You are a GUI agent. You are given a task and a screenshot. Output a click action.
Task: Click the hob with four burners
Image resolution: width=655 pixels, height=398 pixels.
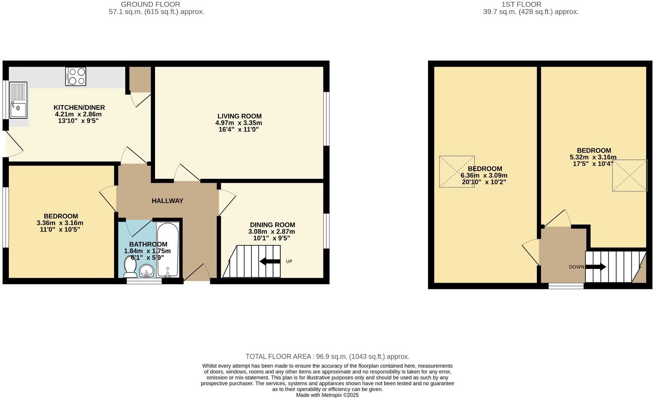point(76,76)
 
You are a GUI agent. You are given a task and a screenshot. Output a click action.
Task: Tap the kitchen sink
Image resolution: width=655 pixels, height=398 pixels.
point(18,101)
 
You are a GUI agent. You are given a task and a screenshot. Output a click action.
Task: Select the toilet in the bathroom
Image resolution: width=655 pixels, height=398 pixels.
point(130,266)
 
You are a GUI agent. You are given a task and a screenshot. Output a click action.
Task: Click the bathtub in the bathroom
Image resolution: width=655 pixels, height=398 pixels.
point(168,249)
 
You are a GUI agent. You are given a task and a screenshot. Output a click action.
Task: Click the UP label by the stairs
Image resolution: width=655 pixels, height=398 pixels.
point(289,262)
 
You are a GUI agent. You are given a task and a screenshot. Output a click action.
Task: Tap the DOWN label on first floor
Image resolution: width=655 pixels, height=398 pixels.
point(576,267)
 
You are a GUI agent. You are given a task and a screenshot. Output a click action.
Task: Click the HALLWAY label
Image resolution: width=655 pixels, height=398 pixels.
point(167,201)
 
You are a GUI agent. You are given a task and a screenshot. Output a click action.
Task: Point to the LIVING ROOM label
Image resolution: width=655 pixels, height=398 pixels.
point(239,116)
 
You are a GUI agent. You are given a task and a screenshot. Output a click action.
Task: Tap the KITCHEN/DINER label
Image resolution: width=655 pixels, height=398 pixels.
point(79,108)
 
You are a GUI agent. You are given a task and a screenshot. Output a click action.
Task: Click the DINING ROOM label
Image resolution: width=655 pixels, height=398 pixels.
point(272,225)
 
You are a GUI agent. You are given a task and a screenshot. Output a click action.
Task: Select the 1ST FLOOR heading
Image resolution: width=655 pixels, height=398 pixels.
point(521,4)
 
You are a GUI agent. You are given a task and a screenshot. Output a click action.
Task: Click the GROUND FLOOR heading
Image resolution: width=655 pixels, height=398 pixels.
point(150,4)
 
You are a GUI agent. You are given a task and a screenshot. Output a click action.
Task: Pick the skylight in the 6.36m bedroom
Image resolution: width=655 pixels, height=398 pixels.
point(457,172)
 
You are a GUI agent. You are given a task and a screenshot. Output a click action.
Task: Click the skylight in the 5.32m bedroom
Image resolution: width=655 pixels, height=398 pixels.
point(629,175)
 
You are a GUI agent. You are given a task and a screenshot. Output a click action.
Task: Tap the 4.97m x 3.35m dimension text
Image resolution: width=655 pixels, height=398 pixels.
point(239,123)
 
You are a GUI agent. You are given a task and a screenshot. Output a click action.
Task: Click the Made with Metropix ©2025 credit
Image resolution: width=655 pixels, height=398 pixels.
point(327,395)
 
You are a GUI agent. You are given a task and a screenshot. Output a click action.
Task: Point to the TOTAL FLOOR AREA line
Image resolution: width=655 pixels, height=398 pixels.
point(327,357)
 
